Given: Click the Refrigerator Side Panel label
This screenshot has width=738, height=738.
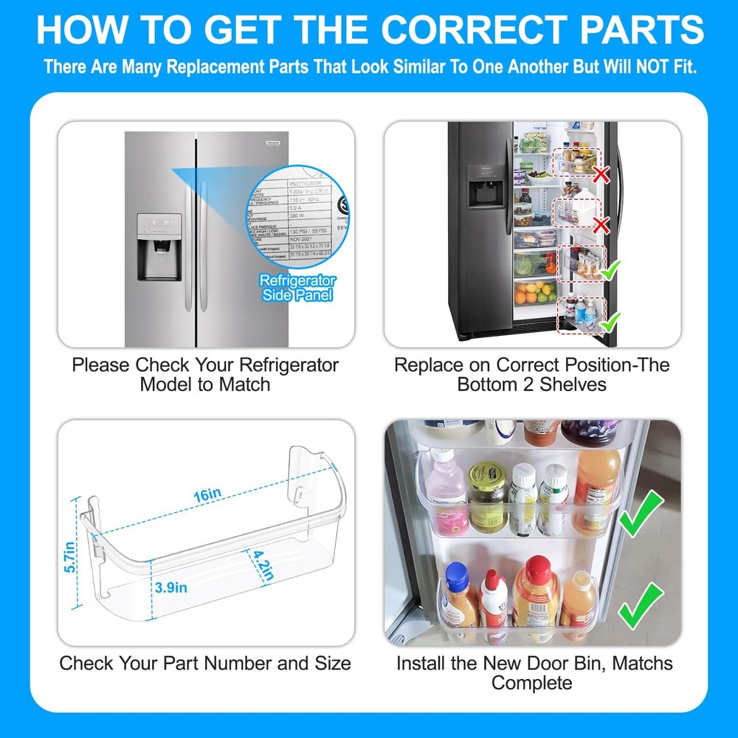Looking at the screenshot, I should click(297, 288).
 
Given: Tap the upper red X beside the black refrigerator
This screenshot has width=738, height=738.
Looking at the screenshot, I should click(601, 175).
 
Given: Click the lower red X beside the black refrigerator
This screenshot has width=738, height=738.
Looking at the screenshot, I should click(601, 225).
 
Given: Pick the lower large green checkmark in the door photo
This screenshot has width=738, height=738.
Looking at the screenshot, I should click(641, 605).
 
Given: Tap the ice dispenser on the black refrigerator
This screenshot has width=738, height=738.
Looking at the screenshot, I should click(485, 192).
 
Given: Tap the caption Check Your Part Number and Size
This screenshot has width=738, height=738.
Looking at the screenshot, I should click(205, 663).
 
